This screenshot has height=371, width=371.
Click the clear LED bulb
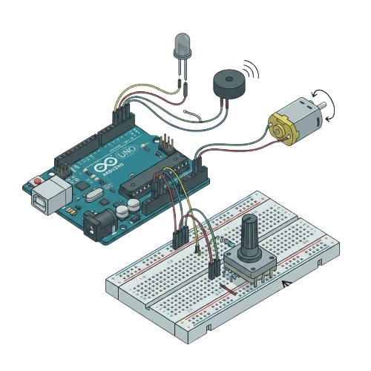pyautogui.click(x=182, y=46)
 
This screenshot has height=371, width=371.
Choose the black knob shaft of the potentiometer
pyautogui.click(x=249, y=231)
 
